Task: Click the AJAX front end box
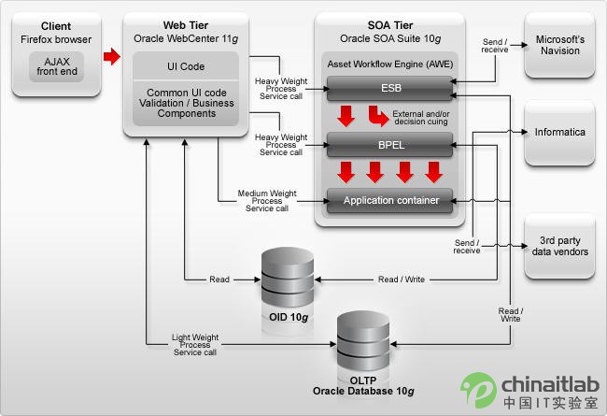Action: click(x=57, y=66)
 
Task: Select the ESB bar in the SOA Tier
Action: click(x=389, y=89)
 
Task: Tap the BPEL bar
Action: click(x=389, y=145)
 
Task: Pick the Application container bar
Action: click(x=389, y=200)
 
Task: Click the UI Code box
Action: click(x=186, y=66)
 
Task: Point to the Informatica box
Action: click(x=559, y=133)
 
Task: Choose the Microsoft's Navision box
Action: click(x=559, y=46)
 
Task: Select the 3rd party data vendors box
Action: click(x=559, y=246)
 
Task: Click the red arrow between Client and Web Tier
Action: click(x=112, y=57)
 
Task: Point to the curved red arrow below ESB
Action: click(x=378, y=116)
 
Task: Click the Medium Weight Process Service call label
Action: click(x=267, y=201)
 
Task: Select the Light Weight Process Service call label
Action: click(x=195, y=345)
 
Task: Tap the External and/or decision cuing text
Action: click(x=421, y=118)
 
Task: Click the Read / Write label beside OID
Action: click(x=402, y=280)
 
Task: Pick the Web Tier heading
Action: click(x=186, y=25)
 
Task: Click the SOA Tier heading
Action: click(x=390, y=25)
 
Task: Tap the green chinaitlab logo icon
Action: click(x=478, y=390)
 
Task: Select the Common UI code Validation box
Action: click(x=186, y=103)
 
